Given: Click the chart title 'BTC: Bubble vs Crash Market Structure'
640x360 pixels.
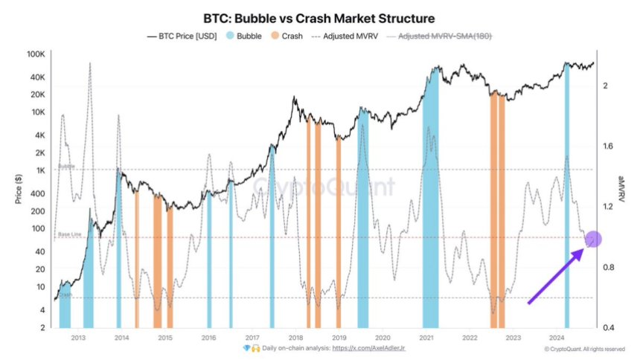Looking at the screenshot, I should pyautogui.click(x=320, y=17).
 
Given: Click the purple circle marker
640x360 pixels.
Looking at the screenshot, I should pyautogui.click(x=593, y=240).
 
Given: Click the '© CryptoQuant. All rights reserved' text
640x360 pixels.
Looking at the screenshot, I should pyautogui.click(x=584, y=348).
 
